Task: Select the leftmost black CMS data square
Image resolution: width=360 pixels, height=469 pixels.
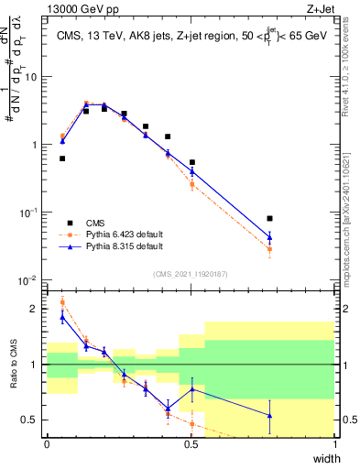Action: click(62, 158)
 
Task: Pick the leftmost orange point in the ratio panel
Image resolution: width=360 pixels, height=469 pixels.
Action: click(62, 301)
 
